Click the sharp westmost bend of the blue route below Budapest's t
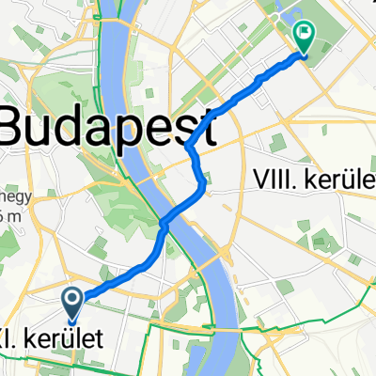(x=190, y=147)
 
